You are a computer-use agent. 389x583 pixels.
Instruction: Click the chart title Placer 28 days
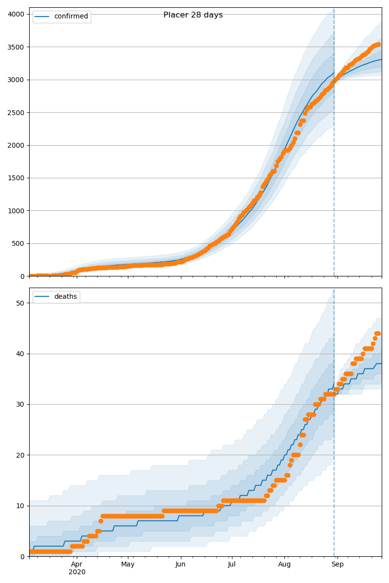point(193,15)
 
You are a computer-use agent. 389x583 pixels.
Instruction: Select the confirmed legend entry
point(71,17)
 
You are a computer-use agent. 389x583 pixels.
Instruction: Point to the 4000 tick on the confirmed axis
point(17,14)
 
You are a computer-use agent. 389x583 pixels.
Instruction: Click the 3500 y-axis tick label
point(17,47)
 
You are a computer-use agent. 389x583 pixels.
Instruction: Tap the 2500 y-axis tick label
point(17,113)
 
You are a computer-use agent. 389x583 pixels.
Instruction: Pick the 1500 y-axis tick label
point(17,178)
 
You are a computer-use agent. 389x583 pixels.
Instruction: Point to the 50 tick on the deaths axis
point(20,303)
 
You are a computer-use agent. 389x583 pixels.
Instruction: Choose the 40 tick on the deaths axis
point(20,354)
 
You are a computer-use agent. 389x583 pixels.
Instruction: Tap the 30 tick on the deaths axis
point(20,404)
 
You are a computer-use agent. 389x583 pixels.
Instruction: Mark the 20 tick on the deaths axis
point(20,455)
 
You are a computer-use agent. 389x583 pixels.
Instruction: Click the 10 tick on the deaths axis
point(20,506)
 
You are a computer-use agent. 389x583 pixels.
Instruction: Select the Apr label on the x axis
point(77,565)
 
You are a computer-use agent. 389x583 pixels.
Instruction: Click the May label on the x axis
point(128,565)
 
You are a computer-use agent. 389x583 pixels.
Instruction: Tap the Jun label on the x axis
point(180,565)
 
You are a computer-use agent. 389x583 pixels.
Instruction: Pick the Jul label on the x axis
point(231,565)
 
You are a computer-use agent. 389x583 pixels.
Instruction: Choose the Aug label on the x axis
point(284,565)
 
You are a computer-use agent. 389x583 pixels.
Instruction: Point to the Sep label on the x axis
point(337,565)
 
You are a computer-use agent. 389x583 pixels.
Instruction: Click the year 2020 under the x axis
point(77,572)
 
